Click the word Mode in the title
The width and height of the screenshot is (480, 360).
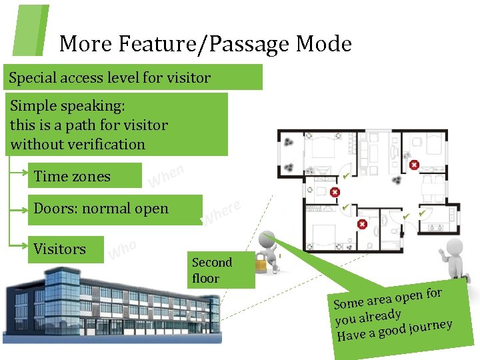pyautogui.click(x=323, y=44)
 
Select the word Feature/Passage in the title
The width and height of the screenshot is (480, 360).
pyautogui.click(x=206, y=45)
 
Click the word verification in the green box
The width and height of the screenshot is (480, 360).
pyautogui.click(x=108, y=144)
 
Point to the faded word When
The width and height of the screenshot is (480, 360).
pyautogui.click(x=165, y=177)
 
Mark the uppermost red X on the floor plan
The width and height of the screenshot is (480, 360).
pyautogui.click(x=414, y=164)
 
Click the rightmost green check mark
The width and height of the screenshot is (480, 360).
pyautogui.click(x=421, y=213)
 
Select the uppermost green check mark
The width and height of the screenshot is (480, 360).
pyautogui.click(x=345, y=175)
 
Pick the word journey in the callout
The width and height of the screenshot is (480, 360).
pyautogui.click(x=431, y=326)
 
